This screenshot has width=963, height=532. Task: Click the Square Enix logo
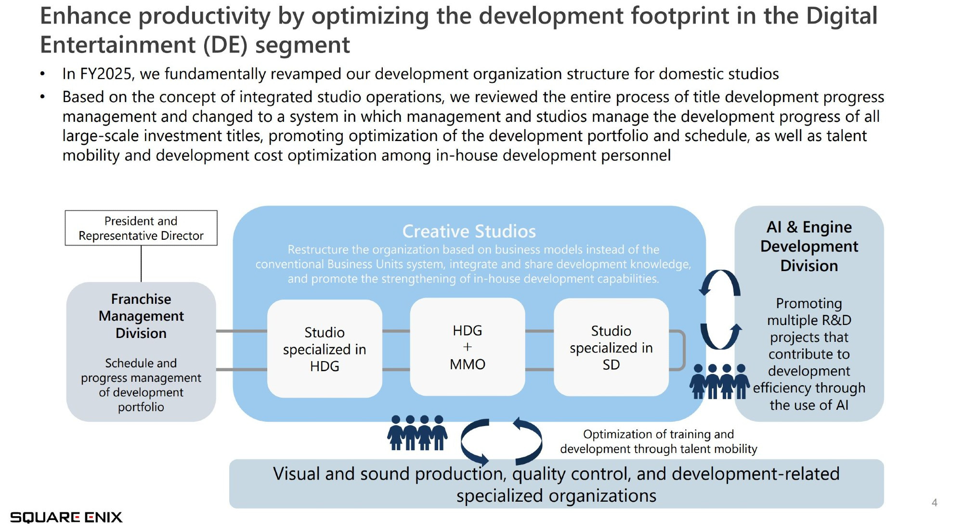click(x=66, y=518)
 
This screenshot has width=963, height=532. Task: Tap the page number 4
click(x=935, y=503)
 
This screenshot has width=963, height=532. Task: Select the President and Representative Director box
click(x=141, y=228)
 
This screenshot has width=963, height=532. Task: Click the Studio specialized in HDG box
click(x=325, y=349)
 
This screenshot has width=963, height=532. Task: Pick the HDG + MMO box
click(x=468, y=347)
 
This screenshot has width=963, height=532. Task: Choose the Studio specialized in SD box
click(x=611, y=348)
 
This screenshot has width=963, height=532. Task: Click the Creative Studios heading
click(x=469, y=231)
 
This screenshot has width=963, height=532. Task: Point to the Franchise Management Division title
click(x=141, y=316)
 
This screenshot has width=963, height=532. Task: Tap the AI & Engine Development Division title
click(x=809, y=246)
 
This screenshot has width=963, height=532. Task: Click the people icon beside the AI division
click(x=719, y=381)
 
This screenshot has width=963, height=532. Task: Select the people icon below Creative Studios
click(x=417, y=433)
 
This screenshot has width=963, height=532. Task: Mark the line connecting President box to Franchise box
click(x=141, y=264)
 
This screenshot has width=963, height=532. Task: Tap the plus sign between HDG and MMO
click(x=468, y=347)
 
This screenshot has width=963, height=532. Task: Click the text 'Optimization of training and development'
click(x=659, y=441)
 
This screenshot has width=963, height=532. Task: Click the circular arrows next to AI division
click(x=720, y=310)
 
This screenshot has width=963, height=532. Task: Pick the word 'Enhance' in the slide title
click(x=86, y=16)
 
